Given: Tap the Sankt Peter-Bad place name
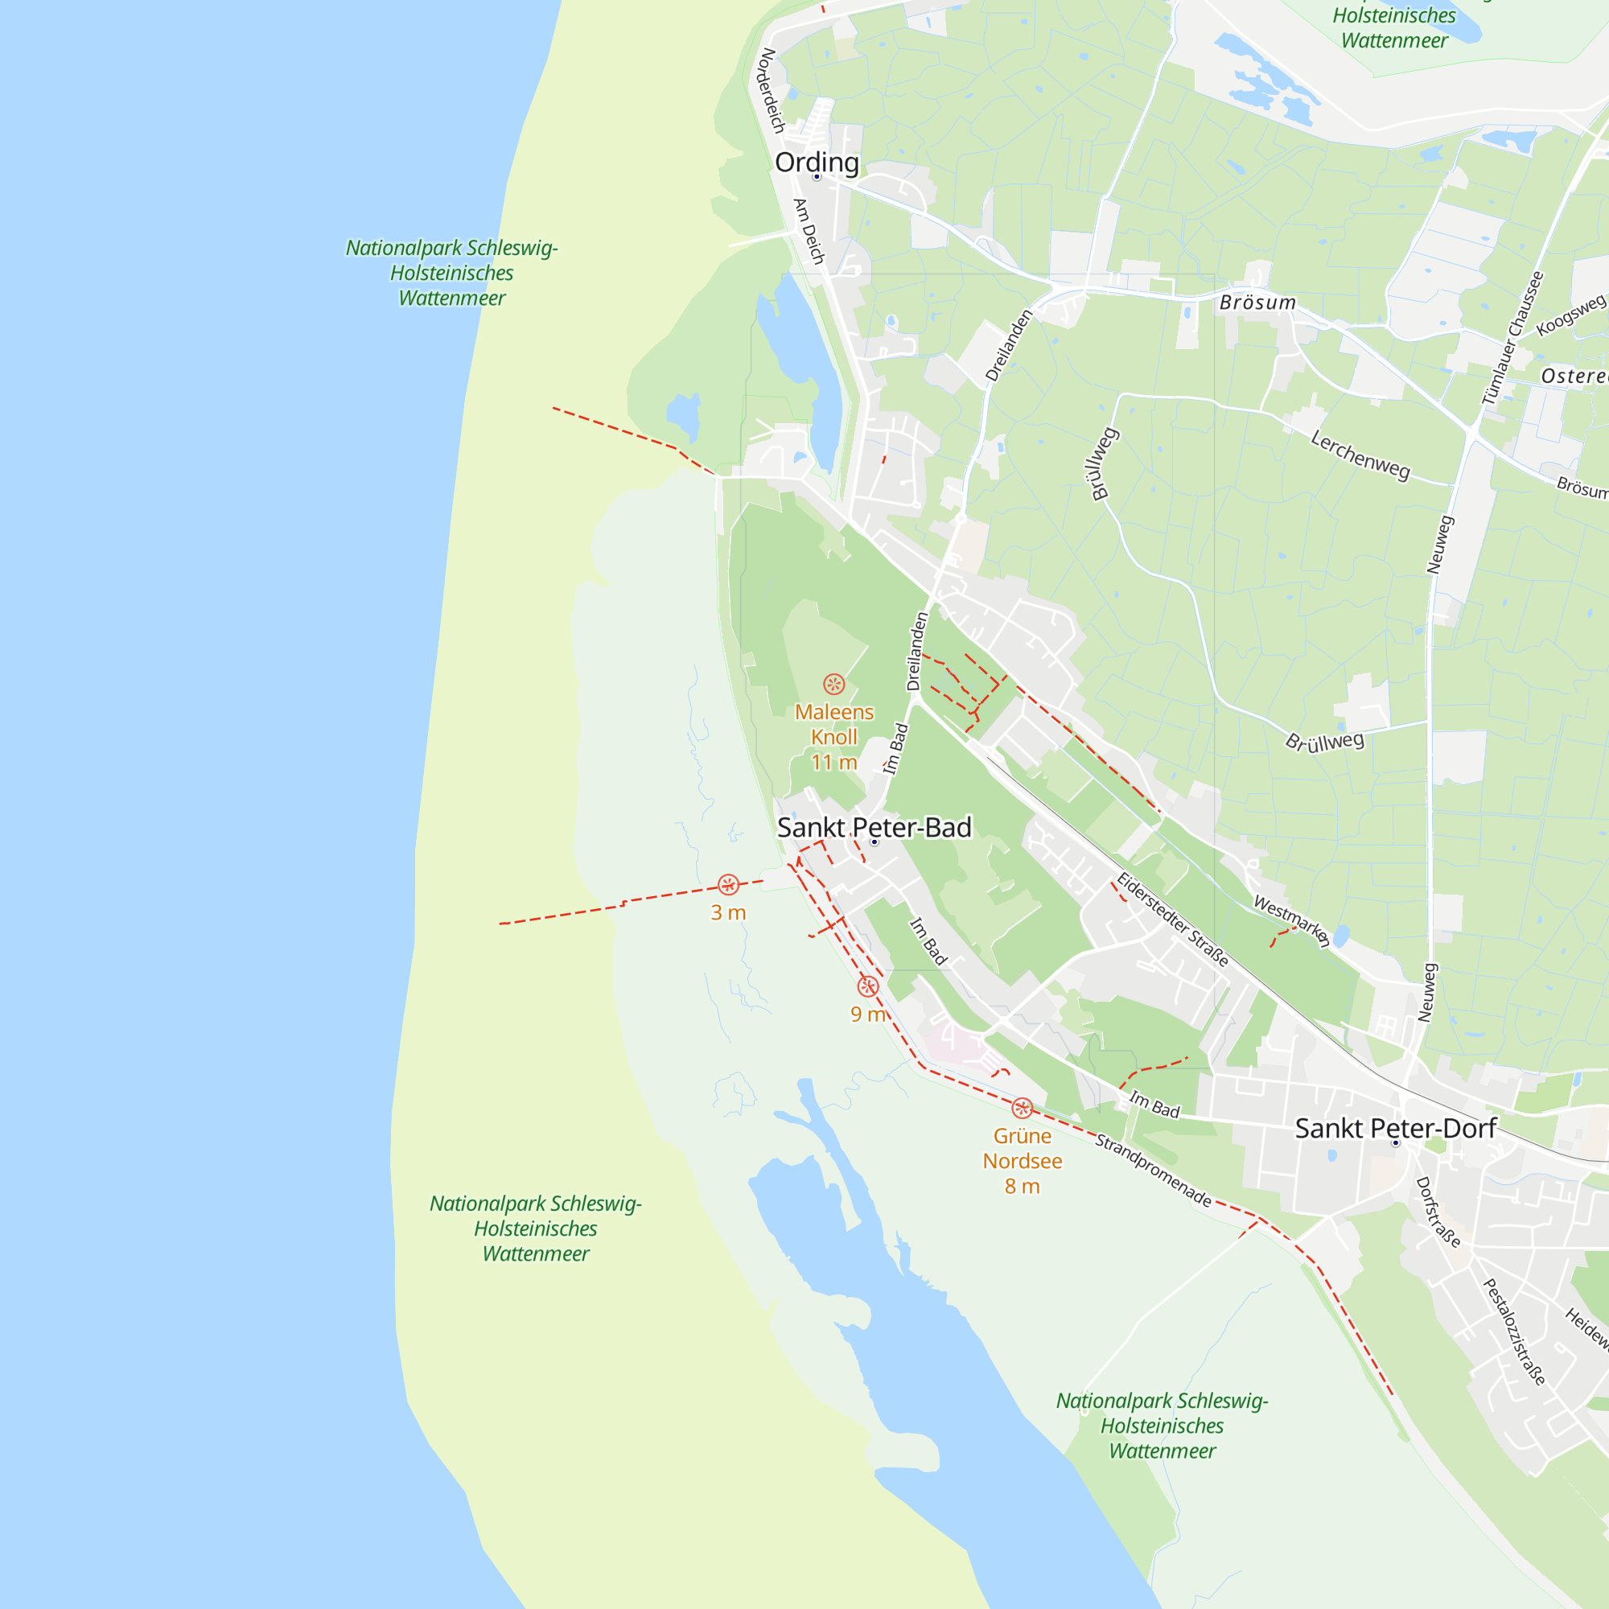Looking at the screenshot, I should (x=874, y=827).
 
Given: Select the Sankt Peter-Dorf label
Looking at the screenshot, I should (x=1396, y=1129).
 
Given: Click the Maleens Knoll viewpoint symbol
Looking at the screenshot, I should (x=833, y=685).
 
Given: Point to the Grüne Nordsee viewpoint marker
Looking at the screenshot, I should (x=1022, y=1109).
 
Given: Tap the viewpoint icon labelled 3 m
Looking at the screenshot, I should (x=728, y=884).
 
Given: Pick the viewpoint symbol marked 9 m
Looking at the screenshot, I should (x=868, y=987).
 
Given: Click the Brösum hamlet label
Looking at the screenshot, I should (x=1257, y=302).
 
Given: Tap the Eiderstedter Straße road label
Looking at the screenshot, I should (x=1172, y=920).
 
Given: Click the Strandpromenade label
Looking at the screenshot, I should (x=1153, y=1170).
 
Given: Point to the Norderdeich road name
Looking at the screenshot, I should (x=772, y=91).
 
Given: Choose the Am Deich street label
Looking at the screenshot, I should (x=808, y=232).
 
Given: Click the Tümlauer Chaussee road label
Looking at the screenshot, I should (x=1512, y=338).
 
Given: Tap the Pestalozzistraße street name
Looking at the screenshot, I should (x=1514, y=1331).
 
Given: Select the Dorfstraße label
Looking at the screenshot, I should (x=1438, y=1212).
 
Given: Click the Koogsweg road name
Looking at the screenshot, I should (x=1570, y=315).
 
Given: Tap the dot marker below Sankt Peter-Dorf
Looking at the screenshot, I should (x=1396, y=1143).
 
